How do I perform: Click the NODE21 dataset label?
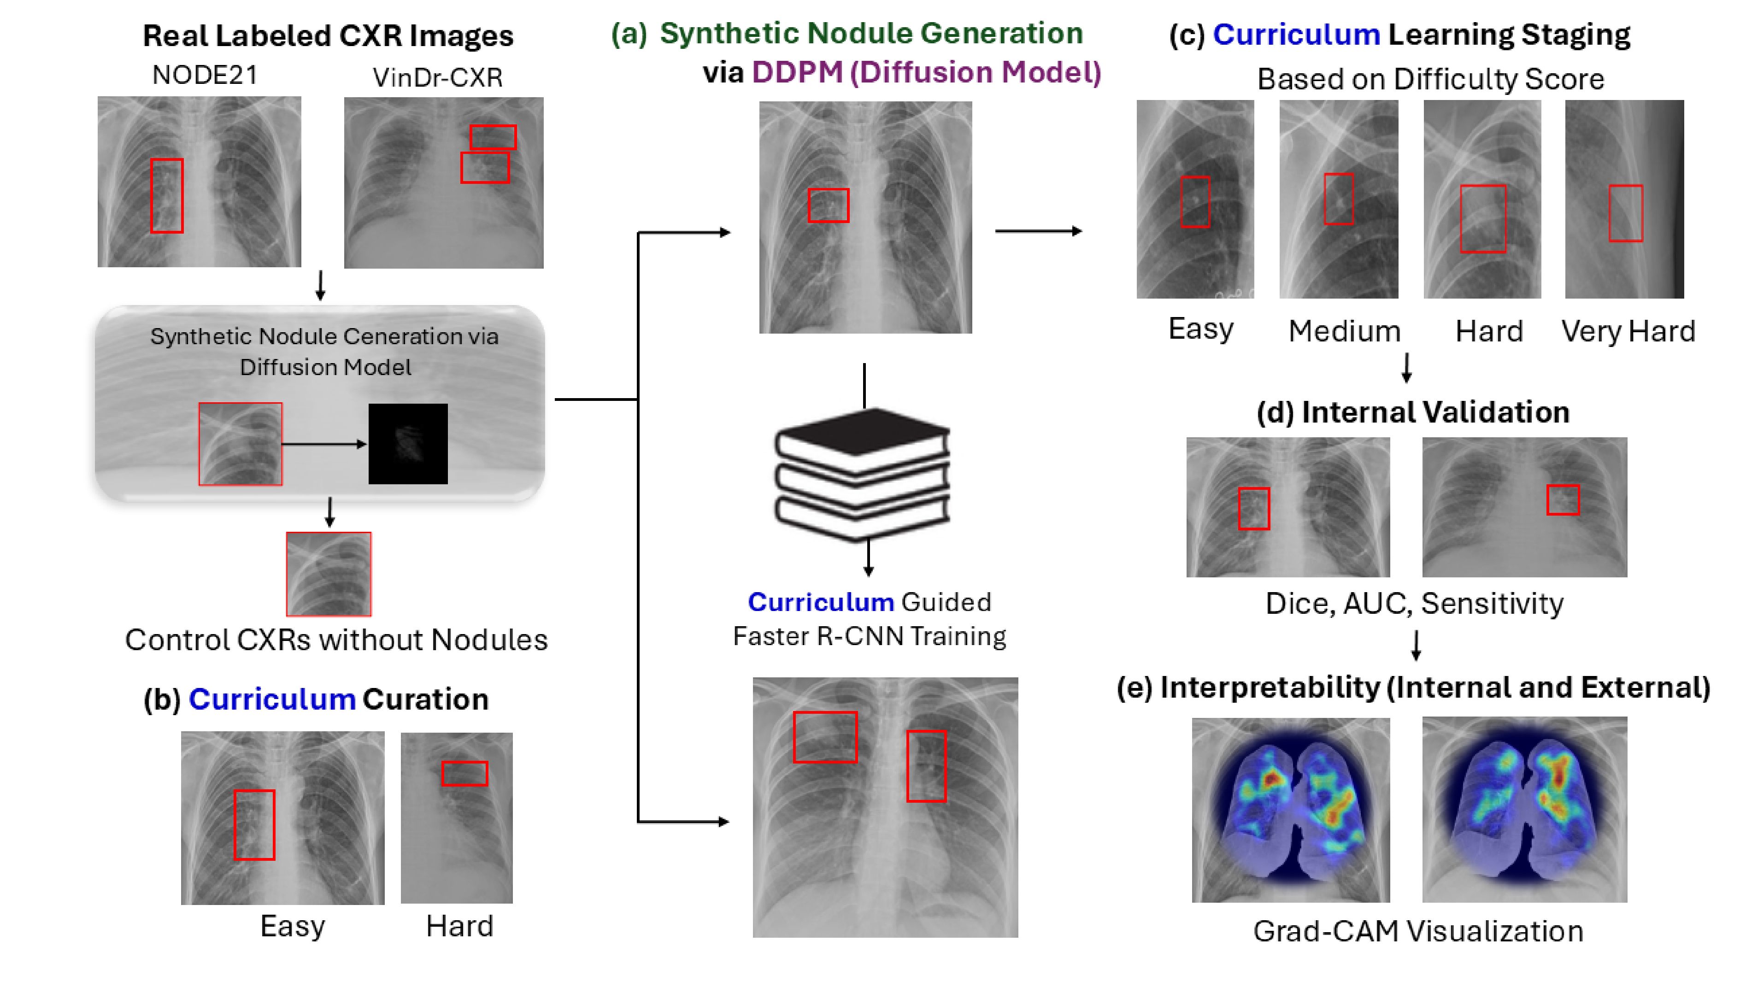(205, 75)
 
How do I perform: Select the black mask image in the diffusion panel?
(408, 444)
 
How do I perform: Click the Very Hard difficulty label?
(1628, 331)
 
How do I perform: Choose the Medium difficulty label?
(1344, 331)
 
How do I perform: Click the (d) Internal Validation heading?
(1413, 411)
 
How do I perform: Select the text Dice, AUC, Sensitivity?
(1414, 604)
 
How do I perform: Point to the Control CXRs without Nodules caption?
(336, 640)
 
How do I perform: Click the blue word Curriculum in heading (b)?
(272, 699)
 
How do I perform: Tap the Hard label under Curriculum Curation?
(460, 926)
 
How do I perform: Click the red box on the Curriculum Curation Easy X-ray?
(254, 825)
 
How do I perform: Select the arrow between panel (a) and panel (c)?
(1039, 231)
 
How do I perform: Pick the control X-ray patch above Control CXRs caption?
(329, 574)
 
